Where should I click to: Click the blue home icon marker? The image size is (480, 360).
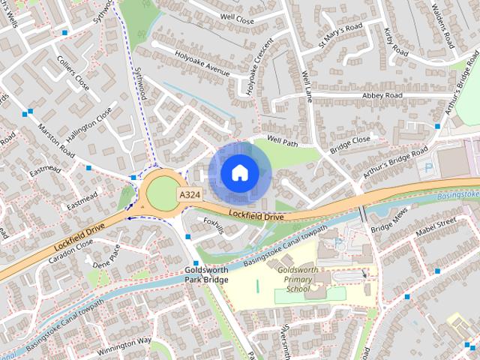point(238,172)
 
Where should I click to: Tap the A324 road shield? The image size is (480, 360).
point(189,194)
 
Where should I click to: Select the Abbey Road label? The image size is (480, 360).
point(382,96)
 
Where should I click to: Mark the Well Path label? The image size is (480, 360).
point(283,141)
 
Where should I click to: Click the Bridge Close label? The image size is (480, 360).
point(350,140)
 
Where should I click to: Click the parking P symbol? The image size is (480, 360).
point(428,168)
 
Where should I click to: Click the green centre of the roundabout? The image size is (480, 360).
point(160,194)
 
